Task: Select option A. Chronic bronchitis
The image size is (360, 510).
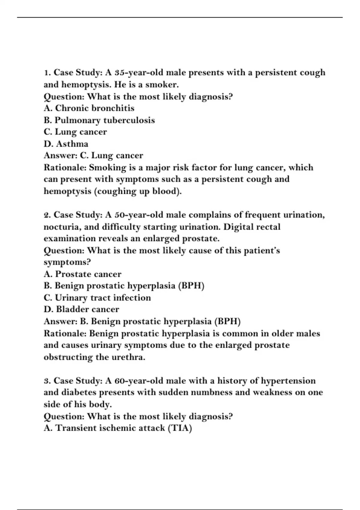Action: [x=89, y=108]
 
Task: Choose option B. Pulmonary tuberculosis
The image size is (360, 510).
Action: [x=99, y=120]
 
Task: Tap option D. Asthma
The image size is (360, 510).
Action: [x=66, y=144]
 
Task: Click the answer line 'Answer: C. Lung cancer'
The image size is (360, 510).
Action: [x=93, y=156]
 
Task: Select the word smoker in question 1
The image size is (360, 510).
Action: [x=162, y=85]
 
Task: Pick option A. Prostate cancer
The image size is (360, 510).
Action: [x=82, y=274]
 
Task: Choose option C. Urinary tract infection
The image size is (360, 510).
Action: [x=97, y=298]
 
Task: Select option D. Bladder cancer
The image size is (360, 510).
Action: [x=81, y=310]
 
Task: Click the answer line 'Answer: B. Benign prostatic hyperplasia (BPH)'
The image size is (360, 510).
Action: [x=142, y=322]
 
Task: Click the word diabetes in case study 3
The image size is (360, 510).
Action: [x=79, y=393]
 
